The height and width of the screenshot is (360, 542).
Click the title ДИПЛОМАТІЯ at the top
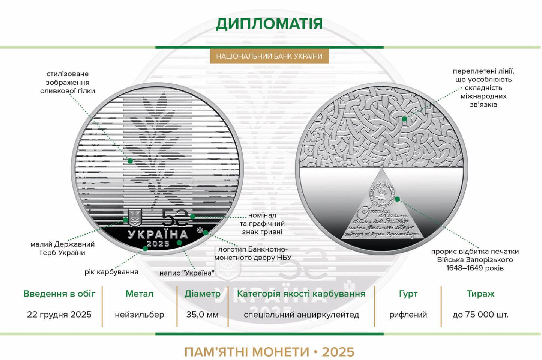(269, 24)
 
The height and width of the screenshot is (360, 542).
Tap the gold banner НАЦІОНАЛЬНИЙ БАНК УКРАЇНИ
(269, 56)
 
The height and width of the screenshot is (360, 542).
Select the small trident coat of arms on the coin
(134, 218)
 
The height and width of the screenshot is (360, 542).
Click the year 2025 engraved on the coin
(158, 244)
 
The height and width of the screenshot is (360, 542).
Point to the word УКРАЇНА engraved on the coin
(158, 235)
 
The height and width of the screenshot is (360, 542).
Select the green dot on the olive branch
(130, 161)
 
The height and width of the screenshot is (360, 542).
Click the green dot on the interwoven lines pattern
(404, 119)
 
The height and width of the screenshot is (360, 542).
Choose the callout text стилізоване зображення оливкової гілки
(68, 83)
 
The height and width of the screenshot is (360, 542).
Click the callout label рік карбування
(111, 272)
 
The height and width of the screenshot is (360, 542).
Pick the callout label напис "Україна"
(187, 273)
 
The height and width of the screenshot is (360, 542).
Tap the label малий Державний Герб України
(62, 249)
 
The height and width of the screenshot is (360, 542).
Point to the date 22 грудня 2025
(59, 315)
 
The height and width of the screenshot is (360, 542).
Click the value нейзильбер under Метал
(139, 315)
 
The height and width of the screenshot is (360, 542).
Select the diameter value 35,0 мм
(202, 315)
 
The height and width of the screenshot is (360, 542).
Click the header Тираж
(480, 294)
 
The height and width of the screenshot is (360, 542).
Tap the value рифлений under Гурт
(408, 315)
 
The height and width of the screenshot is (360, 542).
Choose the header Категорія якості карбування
(301, 294)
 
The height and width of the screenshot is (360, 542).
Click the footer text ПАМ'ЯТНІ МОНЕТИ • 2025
(269, 352)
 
